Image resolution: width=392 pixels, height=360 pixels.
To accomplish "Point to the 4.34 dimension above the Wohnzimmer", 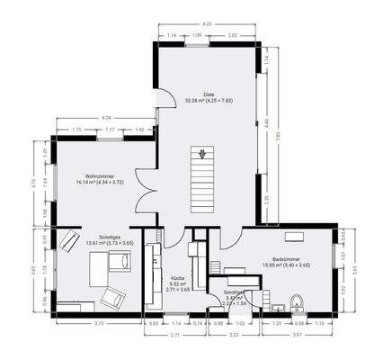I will point(107,118).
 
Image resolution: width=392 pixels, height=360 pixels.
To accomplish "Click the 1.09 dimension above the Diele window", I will point(198,35).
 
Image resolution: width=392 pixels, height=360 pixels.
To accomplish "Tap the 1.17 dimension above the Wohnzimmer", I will point(111,130).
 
